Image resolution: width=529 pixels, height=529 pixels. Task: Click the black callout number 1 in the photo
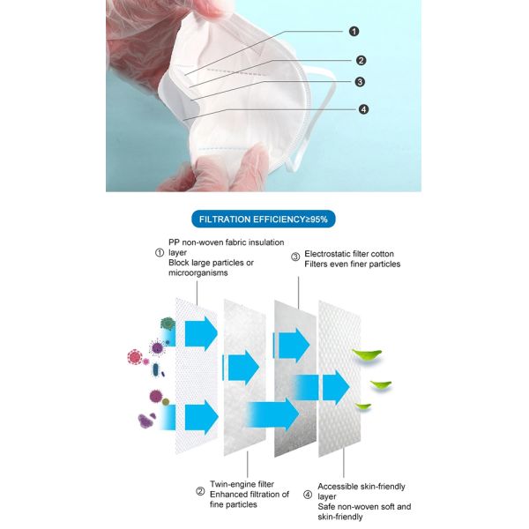(354, 32)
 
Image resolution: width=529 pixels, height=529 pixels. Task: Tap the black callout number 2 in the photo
(361, 60)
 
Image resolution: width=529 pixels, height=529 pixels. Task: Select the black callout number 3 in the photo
(360, 82)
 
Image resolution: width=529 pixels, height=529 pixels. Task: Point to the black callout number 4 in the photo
(363, 109)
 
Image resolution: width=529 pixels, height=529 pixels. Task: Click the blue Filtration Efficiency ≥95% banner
(263, 220)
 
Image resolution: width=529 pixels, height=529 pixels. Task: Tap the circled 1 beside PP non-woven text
(160, 253)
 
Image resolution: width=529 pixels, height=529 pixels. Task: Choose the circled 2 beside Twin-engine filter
(200, 491)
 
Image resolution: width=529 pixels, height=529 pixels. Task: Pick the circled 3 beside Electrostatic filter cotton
(295, 257)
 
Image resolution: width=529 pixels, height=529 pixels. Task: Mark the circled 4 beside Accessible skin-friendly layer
(308, 495)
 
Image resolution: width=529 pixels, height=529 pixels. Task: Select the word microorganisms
(198, 273)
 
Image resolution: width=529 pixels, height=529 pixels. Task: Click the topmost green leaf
(367, 355)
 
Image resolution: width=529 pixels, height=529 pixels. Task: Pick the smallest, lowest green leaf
(363, 406)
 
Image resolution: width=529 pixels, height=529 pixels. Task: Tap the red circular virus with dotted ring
(135, 357)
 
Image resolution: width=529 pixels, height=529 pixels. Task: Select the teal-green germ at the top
(168, 324)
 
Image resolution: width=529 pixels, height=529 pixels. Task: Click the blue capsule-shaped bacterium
(155, 370)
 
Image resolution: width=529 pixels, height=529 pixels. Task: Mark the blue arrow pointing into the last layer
(336, 388)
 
